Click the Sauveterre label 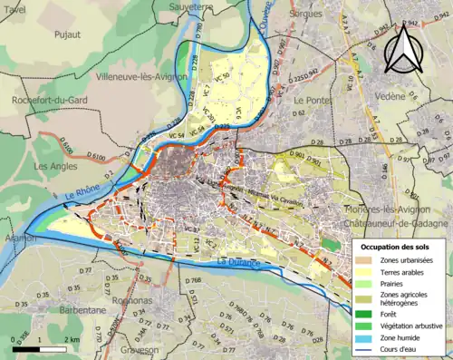[181, 5]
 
